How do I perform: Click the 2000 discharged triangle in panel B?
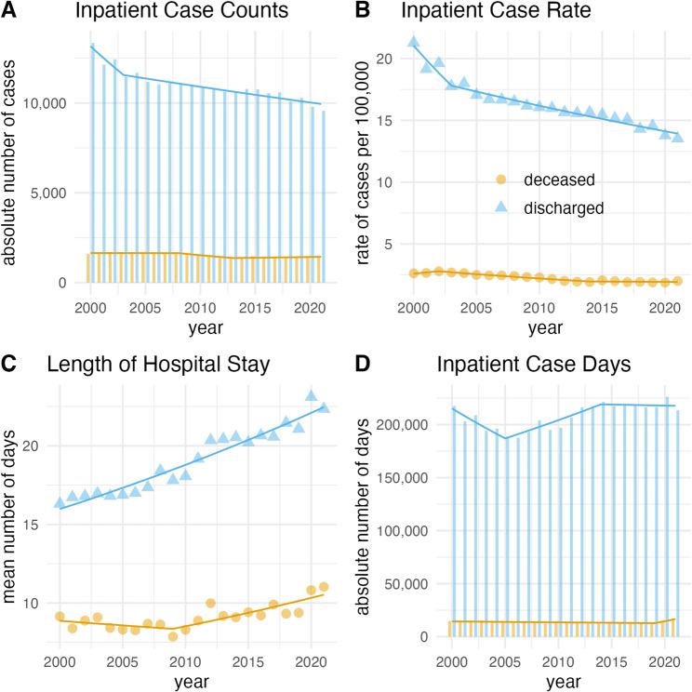point(414,42)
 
